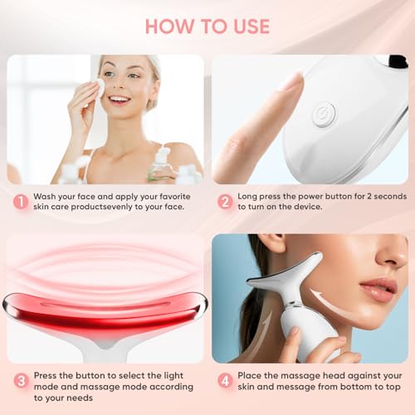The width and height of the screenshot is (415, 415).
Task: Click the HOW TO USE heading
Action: pyautogui.click(x=207, y=26)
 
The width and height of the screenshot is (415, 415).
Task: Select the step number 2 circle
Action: pyautogui.click(x=224, y=202)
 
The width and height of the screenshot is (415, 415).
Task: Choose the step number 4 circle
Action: pyautogui.click(x=224, y=381)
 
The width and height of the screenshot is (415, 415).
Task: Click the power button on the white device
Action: pyautogui.click(x=323, y=115)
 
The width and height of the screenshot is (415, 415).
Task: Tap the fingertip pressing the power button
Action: pyautogui.click(x=290, y=83)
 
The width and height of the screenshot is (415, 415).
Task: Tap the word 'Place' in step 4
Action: pyautogui.click(x=254, y=375)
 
